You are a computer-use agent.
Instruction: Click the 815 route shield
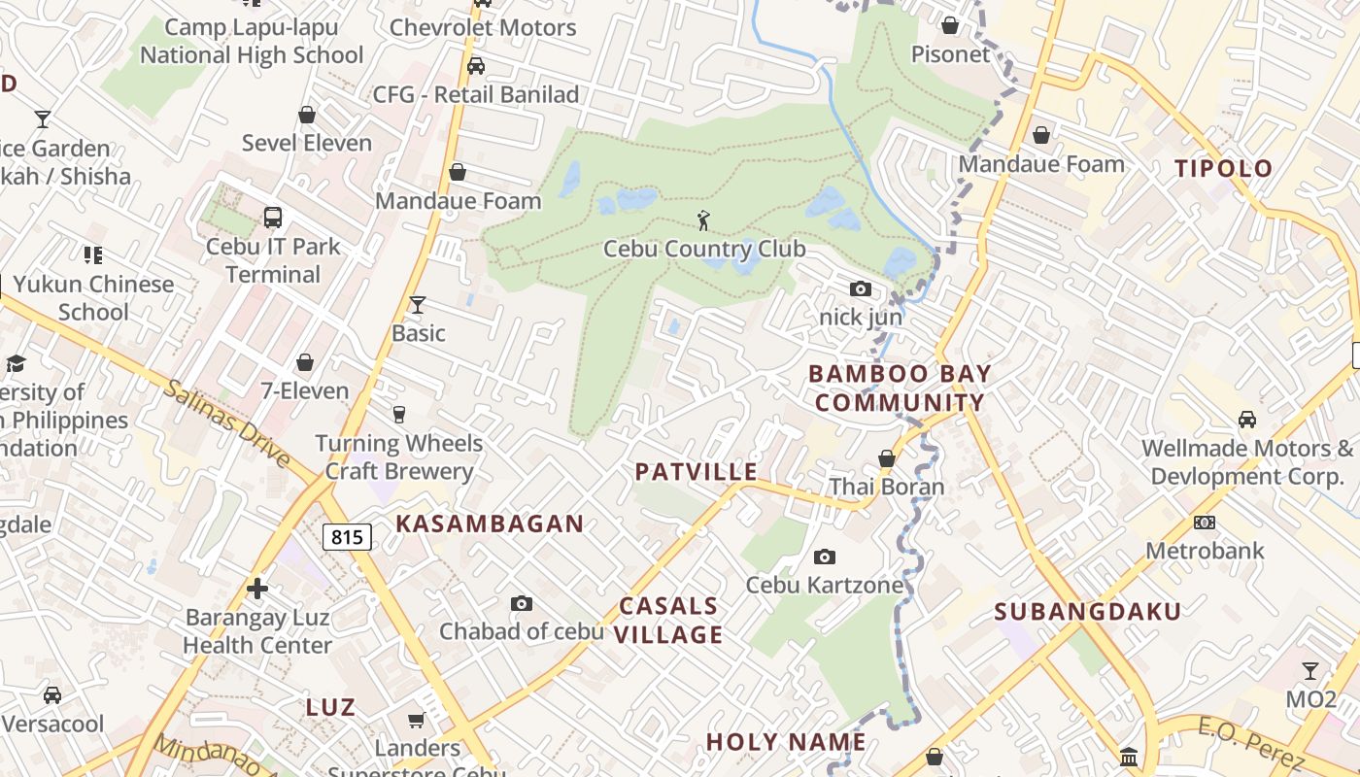tap(347, 536)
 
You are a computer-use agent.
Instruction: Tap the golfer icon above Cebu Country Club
tap(704, 220)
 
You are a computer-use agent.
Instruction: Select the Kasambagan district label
tap(490, 524)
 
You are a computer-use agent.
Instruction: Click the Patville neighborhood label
tap(696, 472)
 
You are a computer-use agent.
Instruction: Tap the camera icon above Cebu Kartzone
tap(825, 557)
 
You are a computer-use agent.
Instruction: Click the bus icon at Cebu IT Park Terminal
tap(273, 218)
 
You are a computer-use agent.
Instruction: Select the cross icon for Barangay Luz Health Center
tap(257, 589)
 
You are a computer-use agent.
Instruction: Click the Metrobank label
tap(1205, 551)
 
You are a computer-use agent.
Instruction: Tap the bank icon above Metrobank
tap(1205, 523)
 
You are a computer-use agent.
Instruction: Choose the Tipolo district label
tap(1223, 168)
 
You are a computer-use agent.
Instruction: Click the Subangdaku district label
tap(1087, 612)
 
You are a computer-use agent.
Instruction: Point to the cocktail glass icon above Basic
tap(418, 305)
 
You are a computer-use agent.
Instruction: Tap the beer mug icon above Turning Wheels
tap(398, 415)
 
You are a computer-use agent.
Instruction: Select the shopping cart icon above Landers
tap(417, 720)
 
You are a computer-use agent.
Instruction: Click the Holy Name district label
tap(785, 742)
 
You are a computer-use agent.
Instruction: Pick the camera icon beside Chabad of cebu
tap(522, 604)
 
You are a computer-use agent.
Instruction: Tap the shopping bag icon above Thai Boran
tap(886, 458)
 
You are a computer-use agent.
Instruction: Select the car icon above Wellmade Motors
tap(1247, 420)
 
